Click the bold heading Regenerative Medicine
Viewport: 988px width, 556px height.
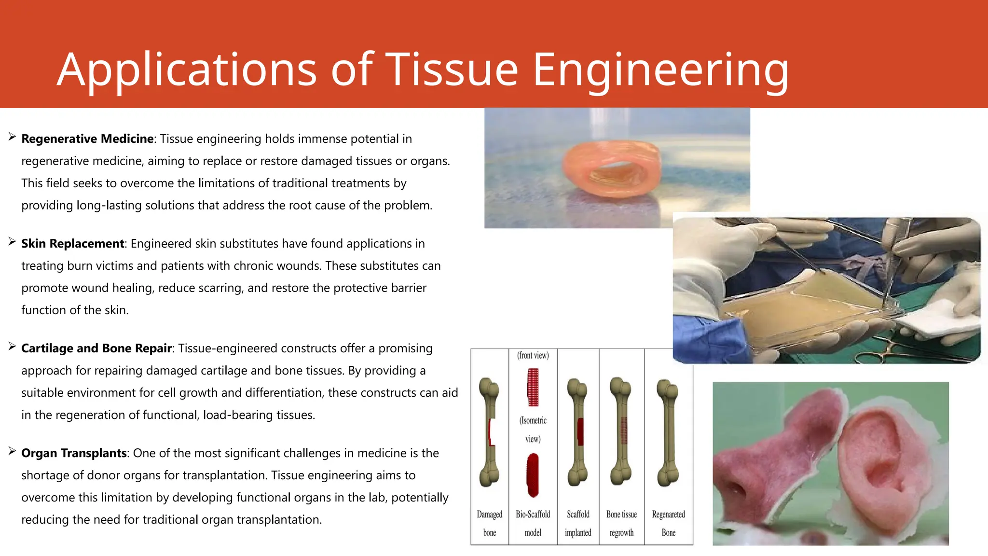point(87,139)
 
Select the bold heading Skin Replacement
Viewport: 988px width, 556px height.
point(72,244)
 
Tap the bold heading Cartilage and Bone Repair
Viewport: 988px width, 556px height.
point(96,348)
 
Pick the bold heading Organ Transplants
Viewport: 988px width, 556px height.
point(74,453)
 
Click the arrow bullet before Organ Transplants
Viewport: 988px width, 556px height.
point(12,452)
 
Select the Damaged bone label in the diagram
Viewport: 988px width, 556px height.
point(489,523)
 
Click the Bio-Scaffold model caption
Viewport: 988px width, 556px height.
point(533,523)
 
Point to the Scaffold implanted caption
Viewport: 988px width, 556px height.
point(578,523)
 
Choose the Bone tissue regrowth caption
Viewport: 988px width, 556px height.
point(621,523)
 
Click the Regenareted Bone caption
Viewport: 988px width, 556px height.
point(668,523)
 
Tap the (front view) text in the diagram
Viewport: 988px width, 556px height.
point(533,356)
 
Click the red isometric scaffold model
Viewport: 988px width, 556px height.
point(533,475)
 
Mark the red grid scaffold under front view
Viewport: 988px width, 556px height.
point(533,387)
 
